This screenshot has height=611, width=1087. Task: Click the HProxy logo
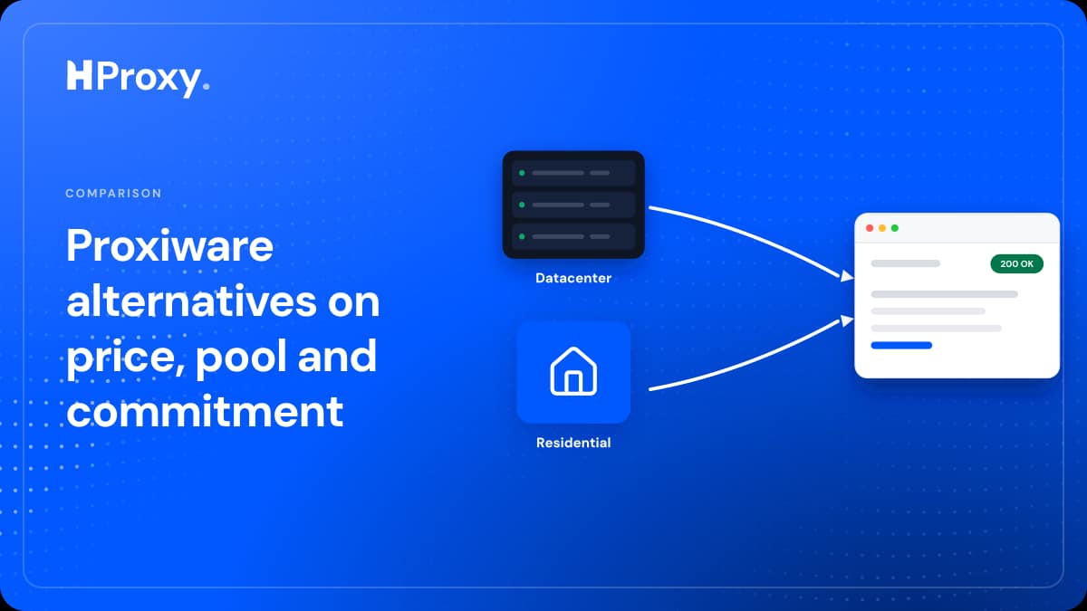click(138, 79)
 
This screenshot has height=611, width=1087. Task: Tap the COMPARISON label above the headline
click(113, 194)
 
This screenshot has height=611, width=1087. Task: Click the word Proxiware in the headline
click(170, 245)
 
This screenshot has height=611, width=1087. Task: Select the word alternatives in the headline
click(192, 301)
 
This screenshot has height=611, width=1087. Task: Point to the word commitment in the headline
click(205, 411)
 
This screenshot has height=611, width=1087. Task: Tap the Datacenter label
click(573, 278)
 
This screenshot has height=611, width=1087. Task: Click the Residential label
click(573, 443)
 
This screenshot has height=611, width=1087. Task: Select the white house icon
click(573, 371)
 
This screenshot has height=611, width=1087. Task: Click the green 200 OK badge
click(1016, 263)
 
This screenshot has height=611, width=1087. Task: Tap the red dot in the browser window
click(870, 228)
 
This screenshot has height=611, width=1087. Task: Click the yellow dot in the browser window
click(882, 228)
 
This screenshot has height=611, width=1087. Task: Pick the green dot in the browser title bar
click(895, 228)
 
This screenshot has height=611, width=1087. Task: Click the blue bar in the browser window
click(901, 345)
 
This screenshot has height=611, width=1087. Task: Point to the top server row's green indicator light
click(522, 173)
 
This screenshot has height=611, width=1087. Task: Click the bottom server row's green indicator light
click(522, 236)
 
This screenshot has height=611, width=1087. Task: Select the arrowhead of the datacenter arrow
click(847, 276)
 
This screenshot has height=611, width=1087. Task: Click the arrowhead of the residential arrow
click(847, 320)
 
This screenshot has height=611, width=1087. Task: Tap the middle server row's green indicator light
click(522, 205)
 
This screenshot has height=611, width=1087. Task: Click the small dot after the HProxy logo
click(207, 86)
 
